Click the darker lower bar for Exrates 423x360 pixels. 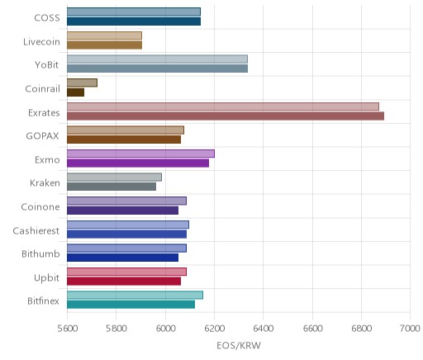pos(226,116)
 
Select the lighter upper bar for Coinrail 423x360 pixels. pos(82,83)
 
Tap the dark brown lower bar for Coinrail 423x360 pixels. pos(75,92)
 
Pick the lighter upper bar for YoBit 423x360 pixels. pos(157,59)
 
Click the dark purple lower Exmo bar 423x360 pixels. pos(138,163)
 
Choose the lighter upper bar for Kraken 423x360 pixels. pos(114,178)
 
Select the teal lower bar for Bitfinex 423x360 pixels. pos(131,305)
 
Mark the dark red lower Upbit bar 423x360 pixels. pos(124,282)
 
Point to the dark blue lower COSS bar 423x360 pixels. pos(134,21)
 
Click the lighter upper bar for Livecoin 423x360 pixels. pos(104,36)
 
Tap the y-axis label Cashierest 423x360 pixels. pos(36,230)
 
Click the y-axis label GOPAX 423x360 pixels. pos(42,136)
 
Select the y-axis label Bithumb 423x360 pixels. pos(40,253)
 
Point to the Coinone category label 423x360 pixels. pos(40,206)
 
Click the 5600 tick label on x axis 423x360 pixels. pos(67,329)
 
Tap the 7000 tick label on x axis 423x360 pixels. pos(410,329)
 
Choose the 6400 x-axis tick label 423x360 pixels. pos(263,329)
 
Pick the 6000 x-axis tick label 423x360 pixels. pos(165,329)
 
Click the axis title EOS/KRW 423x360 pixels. pos(239,346)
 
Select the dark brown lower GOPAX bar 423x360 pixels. pos(124,140)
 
